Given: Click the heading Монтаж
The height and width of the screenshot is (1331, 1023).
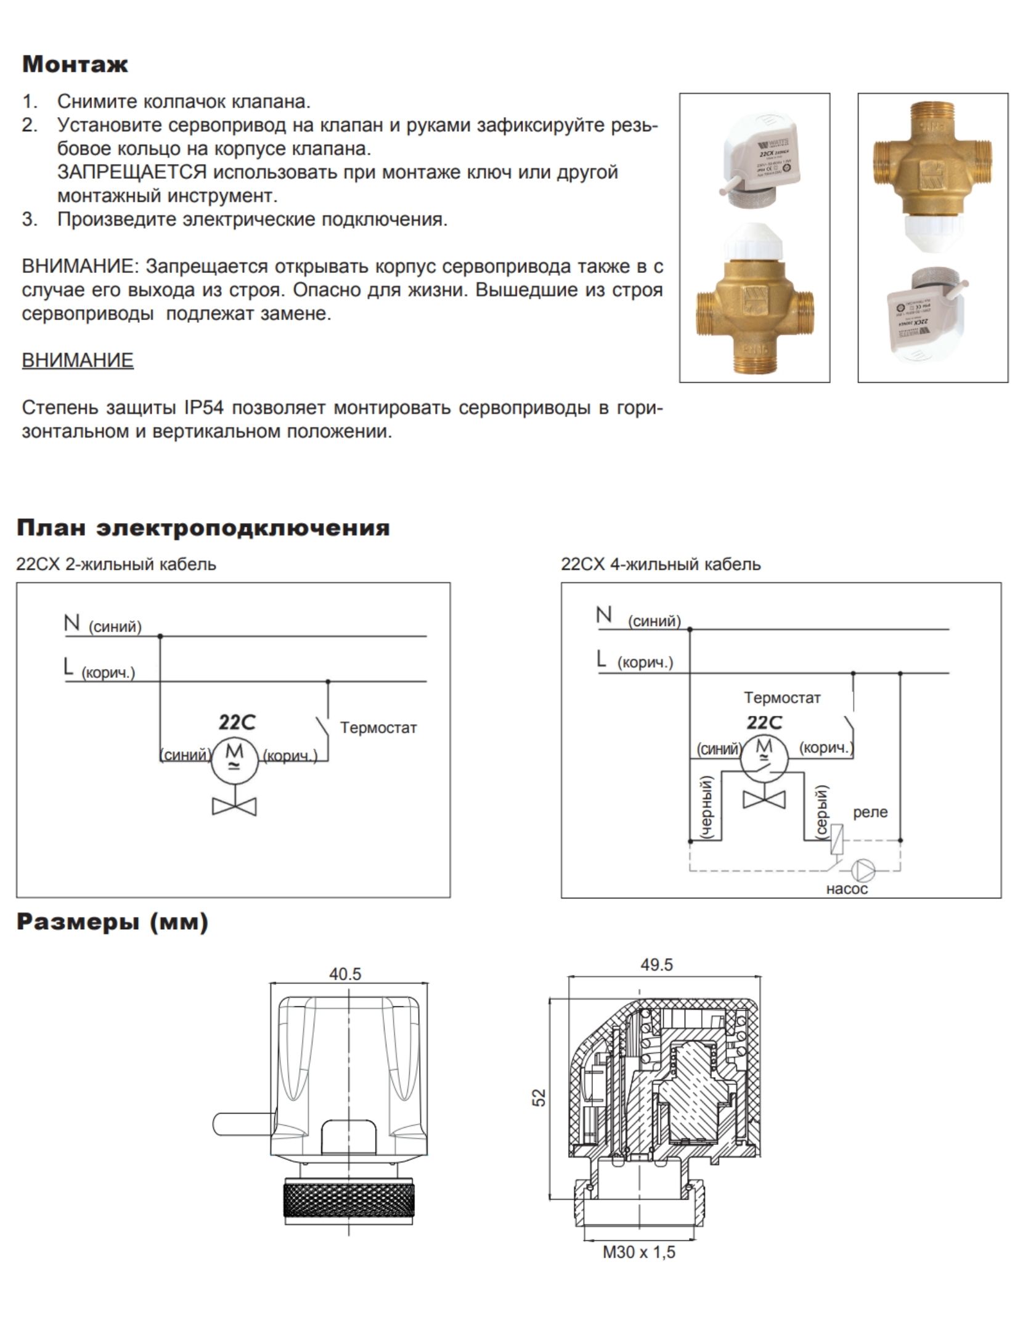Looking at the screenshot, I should (75, 65).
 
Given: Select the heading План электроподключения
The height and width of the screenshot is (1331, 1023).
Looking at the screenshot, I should (203, 528).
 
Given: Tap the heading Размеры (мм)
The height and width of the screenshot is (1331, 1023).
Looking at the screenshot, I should (112, 922).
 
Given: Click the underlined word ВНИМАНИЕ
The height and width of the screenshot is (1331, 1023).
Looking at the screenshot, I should (78, 360).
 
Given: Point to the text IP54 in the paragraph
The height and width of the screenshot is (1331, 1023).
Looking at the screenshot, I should (203, 408).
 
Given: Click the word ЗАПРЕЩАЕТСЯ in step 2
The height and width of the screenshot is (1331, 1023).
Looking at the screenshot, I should (131, 173).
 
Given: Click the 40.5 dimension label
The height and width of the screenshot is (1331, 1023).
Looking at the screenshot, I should (345, 974).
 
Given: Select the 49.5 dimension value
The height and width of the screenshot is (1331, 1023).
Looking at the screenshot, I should (656, 965).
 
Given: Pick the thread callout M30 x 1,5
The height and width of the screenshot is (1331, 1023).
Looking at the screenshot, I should (639, 1253).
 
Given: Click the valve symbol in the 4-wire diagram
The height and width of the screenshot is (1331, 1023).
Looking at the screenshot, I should (764, 799).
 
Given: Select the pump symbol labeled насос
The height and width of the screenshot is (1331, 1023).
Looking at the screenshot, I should (863, 871).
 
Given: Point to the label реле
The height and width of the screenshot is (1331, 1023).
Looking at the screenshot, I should (870, 812).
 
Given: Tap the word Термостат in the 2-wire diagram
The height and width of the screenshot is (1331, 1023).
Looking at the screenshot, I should (378, 728).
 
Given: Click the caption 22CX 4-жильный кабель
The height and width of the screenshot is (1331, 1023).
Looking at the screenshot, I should (661, 564).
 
